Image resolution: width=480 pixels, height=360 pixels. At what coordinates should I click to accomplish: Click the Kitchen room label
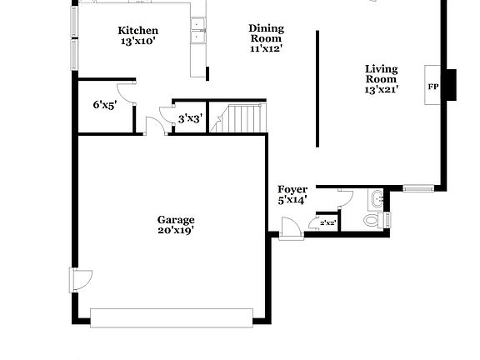coord(137,31)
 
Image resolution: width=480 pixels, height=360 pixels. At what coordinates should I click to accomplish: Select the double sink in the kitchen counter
coord(198,32)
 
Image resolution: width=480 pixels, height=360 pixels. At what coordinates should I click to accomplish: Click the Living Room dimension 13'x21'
coord(381,89)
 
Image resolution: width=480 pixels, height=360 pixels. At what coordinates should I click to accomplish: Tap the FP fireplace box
coord(433,86)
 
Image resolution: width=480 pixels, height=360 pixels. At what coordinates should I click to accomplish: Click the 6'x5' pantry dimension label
coord(103,105)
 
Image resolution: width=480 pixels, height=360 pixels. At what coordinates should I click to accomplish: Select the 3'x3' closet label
coord(189,118)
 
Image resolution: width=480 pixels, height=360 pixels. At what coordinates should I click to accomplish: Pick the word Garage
coord(176,220)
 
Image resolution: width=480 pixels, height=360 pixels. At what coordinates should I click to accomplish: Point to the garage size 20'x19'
coord(176,231)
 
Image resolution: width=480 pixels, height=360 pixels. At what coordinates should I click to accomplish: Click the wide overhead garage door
coord(171,317)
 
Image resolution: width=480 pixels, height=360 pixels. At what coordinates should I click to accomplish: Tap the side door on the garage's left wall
coord(78,280)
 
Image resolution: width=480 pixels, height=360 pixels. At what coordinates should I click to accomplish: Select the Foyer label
coord(292,189)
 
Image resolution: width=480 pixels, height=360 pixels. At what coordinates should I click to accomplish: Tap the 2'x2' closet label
coord(327,222)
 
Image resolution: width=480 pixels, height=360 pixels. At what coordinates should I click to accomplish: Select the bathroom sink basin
coord(377,198)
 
